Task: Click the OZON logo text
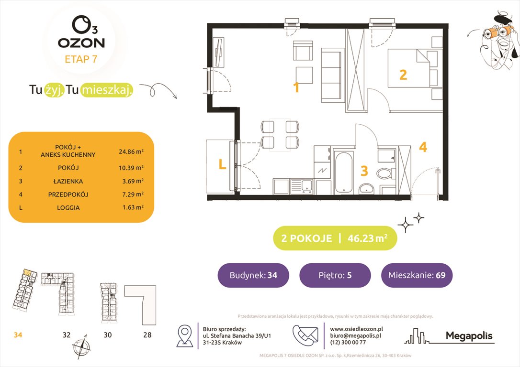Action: coord(81,43)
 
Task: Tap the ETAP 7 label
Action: coord(81,60)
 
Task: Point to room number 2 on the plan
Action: coord(403,75)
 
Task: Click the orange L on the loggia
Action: coord(222,165)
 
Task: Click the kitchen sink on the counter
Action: coord(304,186)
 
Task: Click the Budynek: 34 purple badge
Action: coord(253,275)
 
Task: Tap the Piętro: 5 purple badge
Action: coord(335,275)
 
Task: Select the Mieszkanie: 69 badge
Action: coord(417,275)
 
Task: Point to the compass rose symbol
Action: coord(80,345)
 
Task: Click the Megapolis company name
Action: coord(469,336)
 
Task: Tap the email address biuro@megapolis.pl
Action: coord(355,336)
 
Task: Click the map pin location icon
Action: coord(185,335)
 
